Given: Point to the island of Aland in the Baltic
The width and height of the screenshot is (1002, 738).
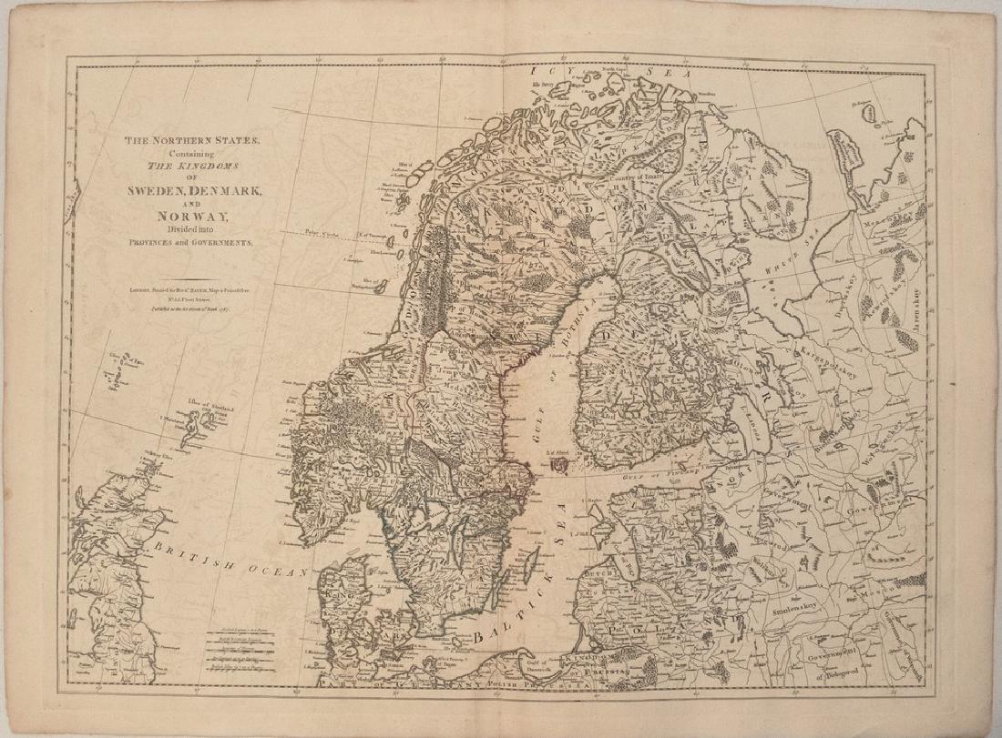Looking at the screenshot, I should click(x=560, y=464).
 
